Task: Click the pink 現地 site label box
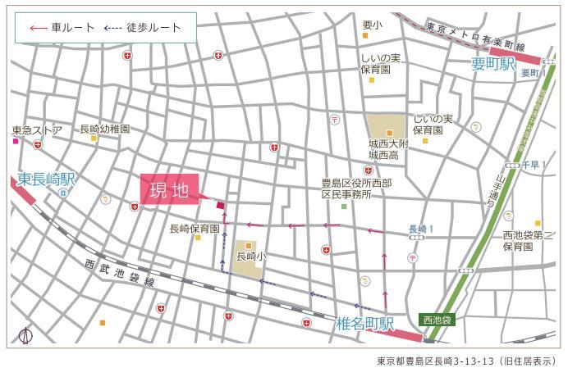pos(170,189)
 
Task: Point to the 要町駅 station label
pos(492,63)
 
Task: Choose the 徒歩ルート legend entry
pos(143,28)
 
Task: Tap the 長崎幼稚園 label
pos(105,129)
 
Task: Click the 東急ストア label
pos(38,129)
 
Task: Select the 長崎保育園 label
pos(194,229)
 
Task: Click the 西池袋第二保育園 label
pos(524,241)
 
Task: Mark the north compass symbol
pos(26,335)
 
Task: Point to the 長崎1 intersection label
pos(421,229)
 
